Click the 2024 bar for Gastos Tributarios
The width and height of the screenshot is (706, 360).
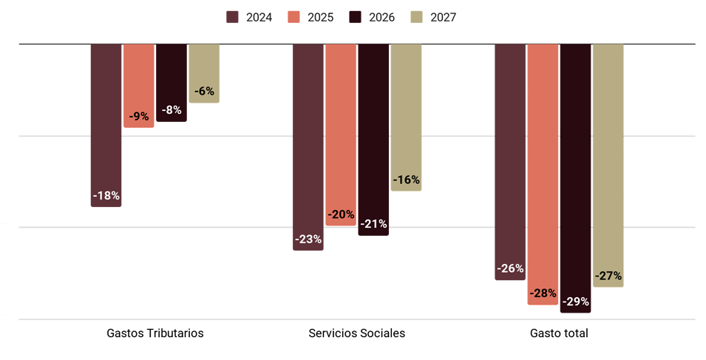coord(106,126)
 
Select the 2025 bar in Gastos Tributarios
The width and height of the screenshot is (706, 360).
coord(139,86)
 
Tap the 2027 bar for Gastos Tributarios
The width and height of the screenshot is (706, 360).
coord(204,74)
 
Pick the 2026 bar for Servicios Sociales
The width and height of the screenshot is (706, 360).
coord(373,140)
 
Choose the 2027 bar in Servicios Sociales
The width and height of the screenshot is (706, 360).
coord(406,118)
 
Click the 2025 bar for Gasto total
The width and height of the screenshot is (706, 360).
coord(543,174)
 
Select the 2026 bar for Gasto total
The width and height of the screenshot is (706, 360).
coord(575,179)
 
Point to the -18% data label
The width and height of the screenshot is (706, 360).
coord(106,196)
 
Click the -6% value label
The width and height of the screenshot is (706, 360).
coord(204,92)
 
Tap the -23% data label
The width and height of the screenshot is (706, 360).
coord(308,240)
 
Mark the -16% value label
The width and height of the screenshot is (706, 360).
coord(406,180)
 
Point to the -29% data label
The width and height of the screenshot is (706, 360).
coord(575,302)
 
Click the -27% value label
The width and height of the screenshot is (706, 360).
coord(608,276)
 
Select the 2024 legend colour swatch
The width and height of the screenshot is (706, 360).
coord(232,17)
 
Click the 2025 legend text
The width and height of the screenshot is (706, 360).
coord(321,17)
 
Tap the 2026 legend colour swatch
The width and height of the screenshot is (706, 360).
coord(356,17)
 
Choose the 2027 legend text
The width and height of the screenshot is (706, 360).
coord(444,17)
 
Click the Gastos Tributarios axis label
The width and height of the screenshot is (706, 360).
coord(155,333)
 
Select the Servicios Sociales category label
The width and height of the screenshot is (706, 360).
coord(356,333)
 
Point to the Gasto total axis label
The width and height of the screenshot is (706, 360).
coord(559,333)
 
